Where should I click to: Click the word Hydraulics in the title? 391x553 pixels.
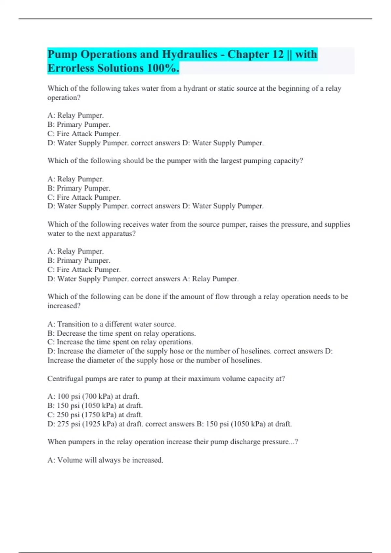pos(190,54)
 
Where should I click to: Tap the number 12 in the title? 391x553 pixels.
pos(278,54)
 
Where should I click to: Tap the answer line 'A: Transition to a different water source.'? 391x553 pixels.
pos(111,324)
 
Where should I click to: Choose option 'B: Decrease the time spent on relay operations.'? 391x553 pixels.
pos(121,333)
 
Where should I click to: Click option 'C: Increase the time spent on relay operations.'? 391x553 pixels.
pos(120,342)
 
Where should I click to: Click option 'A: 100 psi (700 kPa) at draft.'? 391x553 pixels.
pos(93,396)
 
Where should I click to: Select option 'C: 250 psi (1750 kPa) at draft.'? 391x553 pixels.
pos(95,415)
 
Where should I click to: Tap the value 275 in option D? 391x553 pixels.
pos(63,424)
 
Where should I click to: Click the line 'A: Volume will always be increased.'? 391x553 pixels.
pos(105,460)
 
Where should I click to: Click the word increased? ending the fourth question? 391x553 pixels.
pos(64,306)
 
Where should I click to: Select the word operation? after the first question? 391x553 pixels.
pos(64,98)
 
